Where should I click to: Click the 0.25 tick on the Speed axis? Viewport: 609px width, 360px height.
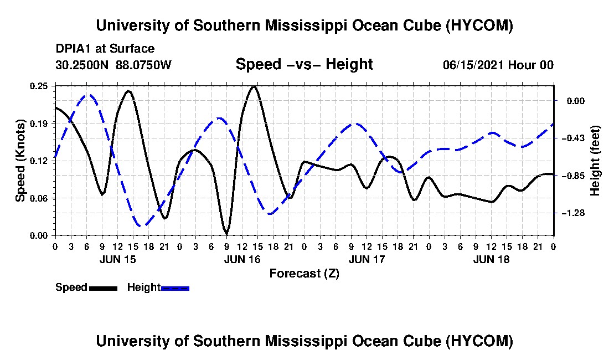[x=39, y=86]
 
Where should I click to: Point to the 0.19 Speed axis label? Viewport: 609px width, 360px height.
[x=39, y=124]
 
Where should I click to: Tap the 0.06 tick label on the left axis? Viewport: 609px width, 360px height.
[x=39, y=198]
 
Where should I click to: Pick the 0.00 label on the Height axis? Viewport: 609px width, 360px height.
[x=576, y=101]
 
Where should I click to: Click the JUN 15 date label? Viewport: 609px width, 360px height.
[x=118, y=259]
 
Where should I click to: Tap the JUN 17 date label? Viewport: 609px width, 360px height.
[x=367, y=259]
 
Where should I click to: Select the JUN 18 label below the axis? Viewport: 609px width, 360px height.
[x=491, y=259]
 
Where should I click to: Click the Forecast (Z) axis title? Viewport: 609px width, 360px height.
[x=304, y=274]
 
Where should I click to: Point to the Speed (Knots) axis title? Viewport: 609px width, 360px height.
[x=20, y=161]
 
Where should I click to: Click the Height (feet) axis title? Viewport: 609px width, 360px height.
[x=595, y=161]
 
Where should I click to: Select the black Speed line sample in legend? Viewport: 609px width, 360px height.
[x=104, y=288]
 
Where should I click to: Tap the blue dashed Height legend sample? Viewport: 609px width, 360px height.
[x=175, y=288]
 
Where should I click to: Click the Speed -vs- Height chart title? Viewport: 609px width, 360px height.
[x=304, y=64]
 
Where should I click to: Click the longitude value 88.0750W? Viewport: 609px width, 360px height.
[x=143, y=64]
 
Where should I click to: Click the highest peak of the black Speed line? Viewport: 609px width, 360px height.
[x=254, y=86]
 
